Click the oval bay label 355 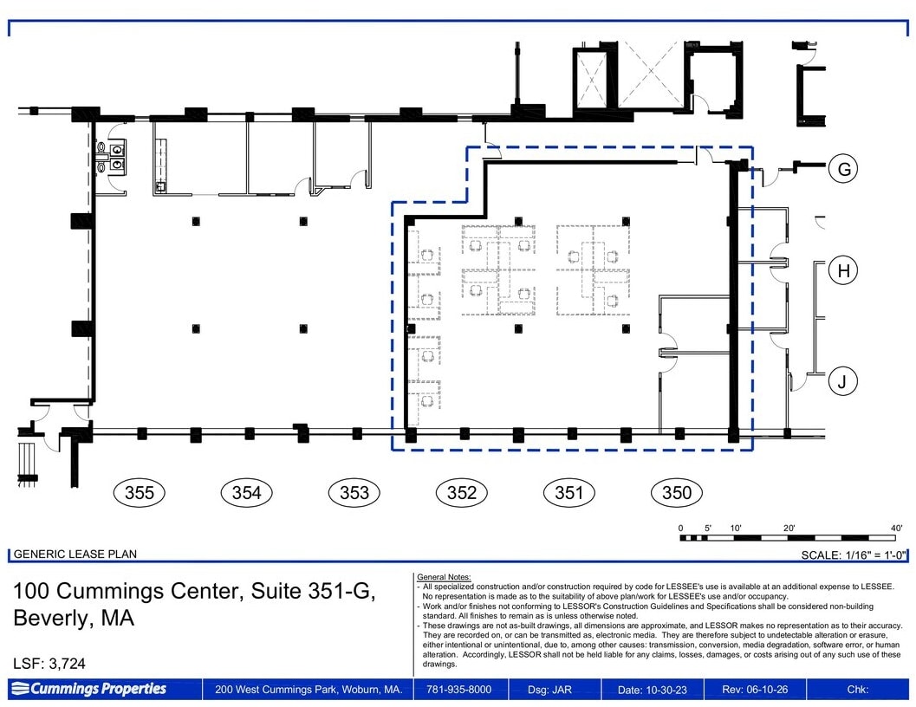pos(139,493)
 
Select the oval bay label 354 pos(246,493)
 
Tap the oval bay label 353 pos(354,493)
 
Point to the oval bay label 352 pos(462,493)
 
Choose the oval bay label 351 pos(569,493)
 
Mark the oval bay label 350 pos(677,493)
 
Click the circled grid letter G pos(843,169)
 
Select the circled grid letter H pos(843,270)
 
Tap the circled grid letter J pos(843,381)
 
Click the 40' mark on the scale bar pos(896,529)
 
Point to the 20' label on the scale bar pos(789,529)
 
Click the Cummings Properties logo pos(88,689)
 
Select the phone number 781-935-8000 pos(458,690)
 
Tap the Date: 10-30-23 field pos(653,690)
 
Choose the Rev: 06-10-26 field pos(755,690)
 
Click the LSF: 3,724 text pos(49,664)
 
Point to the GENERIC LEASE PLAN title pos(75,554)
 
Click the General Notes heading pos(444,577)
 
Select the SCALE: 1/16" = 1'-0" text pos(854,555)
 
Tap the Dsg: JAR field pos(549,690)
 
